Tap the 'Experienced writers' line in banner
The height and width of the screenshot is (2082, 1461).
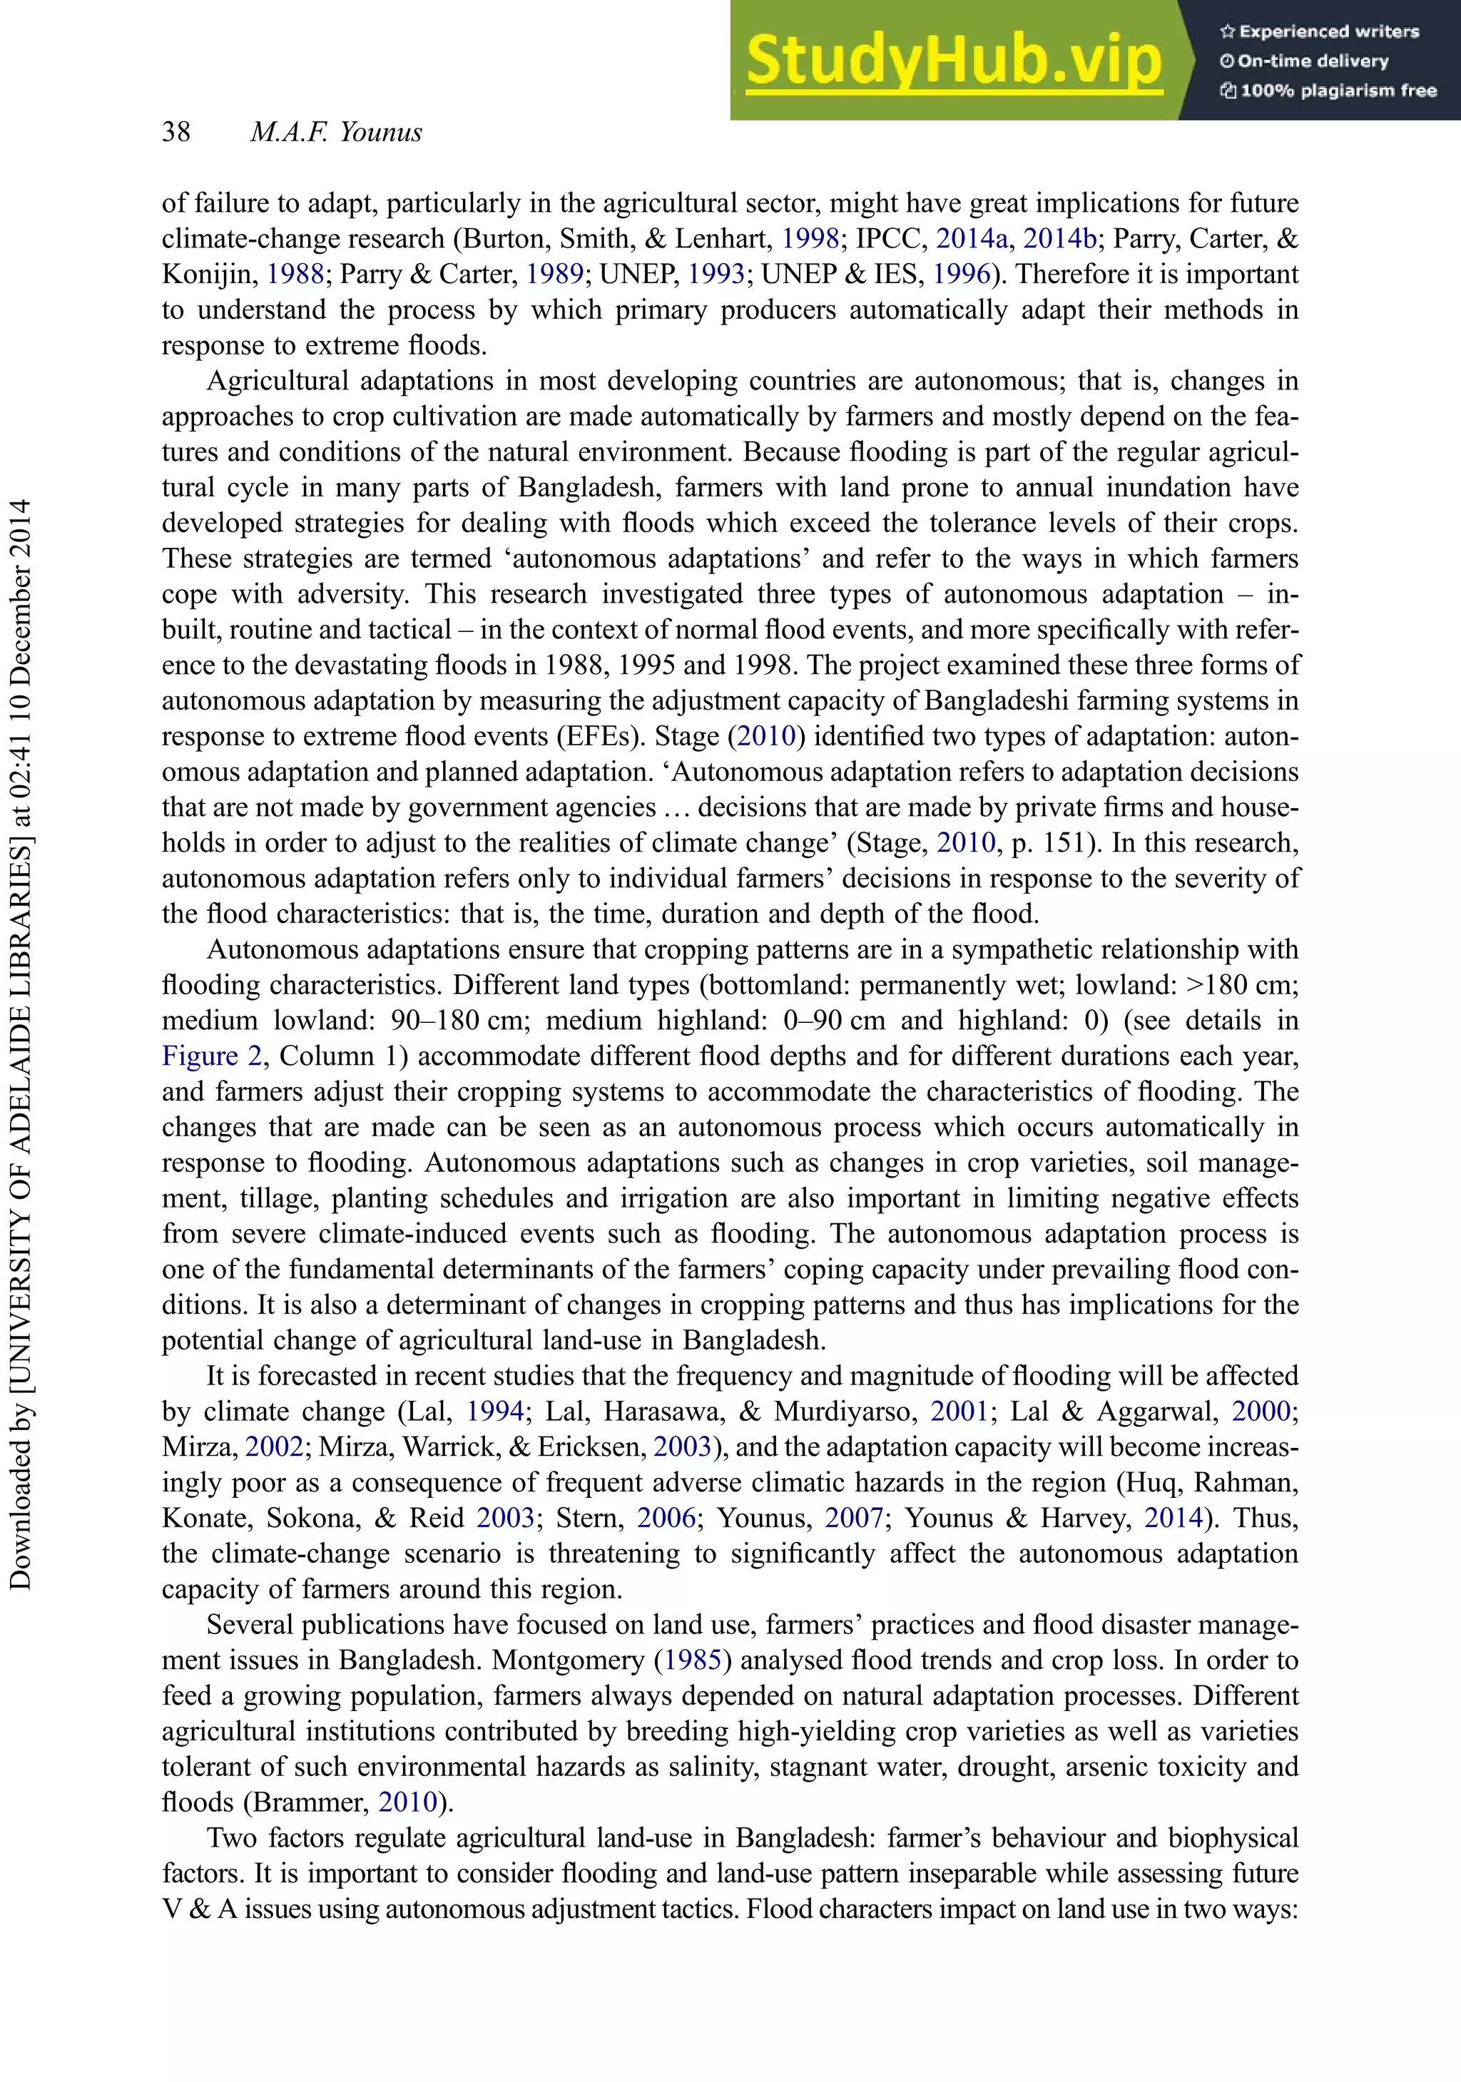pyautogui.click(x=1320, y=31)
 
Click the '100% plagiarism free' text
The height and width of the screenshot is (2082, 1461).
pyautogui.click(x=1330, y=91)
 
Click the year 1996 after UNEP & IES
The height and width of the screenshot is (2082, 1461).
pyautogui.click(x=962, y=274)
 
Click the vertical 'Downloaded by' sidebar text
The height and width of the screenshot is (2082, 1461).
pyautogui.click(x=20, y=1043)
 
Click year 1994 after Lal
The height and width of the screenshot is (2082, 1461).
pyautogui.click(x=495, y=1412)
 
